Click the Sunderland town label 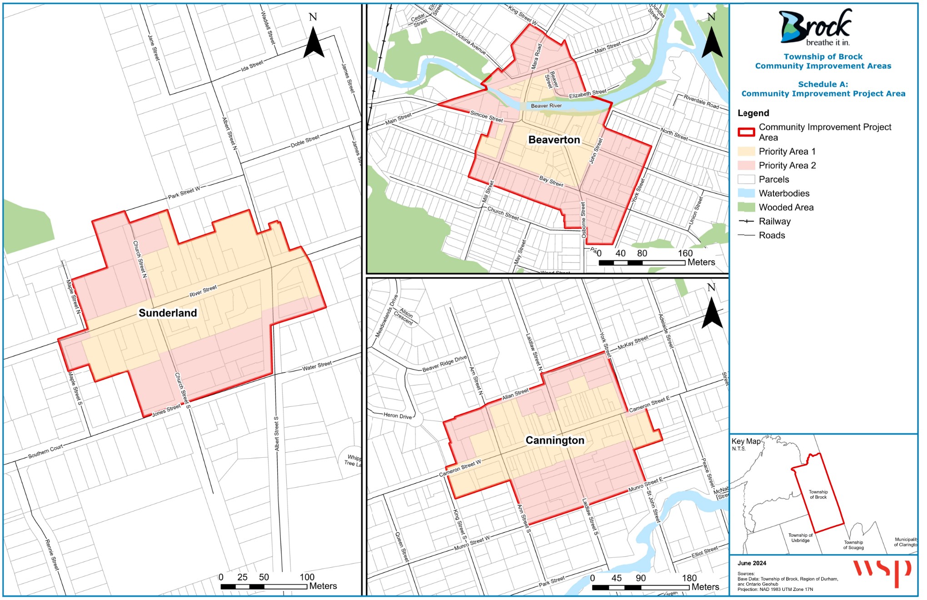coord(168,313)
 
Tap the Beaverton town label coord(554,140)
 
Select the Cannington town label coord(555,440)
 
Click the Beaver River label coord(546,106)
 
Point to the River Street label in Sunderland coord(203,291)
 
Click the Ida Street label coord(252,66)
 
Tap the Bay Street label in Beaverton coord(551,181)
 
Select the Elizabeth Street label coord(588,94)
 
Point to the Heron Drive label coord(398,415)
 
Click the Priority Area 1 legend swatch coord(746,152)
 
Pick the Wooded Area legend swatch coord(746,208)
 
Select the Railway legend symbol coord(746,222)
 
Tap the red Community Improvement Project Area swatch coord(746,132)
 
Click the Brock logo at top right coord(816,27)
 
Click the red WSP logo coord(881,572)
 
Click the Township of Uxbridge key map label coord(800,538)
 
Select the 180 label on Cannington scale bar coord(689,578)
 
